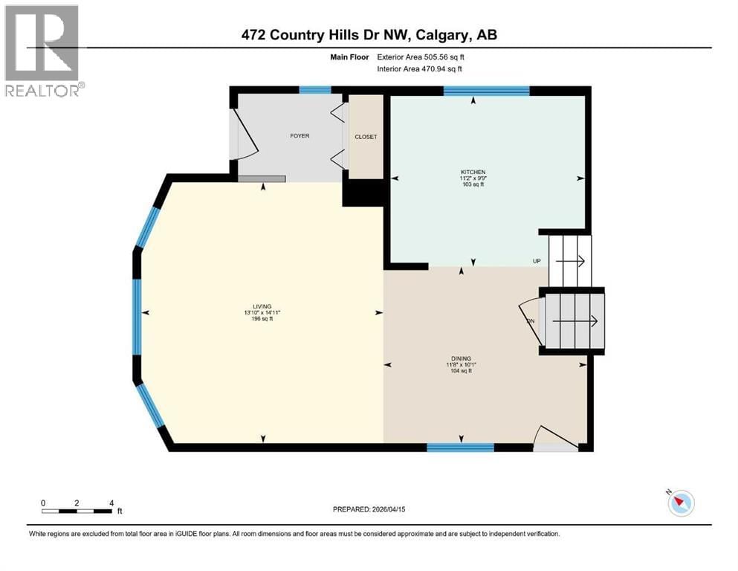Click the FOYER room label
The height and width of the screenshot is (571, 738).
coord(300,136)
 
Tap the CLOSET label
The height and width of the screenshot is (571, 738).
coord(366,137)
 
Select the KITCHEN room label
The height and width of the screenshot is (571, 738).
coord(472,172)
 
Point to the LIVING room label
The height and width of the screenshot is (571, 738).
coord(262,306)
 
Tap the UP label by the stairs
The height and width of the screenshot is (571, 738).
coord(536,261)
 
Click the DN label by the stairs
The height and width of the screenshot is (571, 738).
coord(531,321)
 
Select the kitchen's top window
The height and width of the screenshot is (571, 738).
coord(486,91)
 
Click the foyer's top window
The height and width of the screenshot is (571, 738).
coord(314,90)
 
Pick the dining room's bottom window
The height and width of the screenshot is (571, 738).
coord(460,447)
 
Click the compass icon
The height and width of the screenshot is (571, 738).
coord(681,503)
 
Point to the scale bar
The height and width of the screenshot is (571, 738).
coord(77,511)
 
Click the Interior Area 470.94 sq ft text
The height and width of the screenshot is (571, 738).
coord(420,68)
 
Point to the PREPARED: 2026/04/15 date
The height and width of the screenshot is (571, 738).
coord(372,509)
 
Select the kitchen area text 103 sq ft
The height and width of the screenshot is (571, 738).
coord(472,184)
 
